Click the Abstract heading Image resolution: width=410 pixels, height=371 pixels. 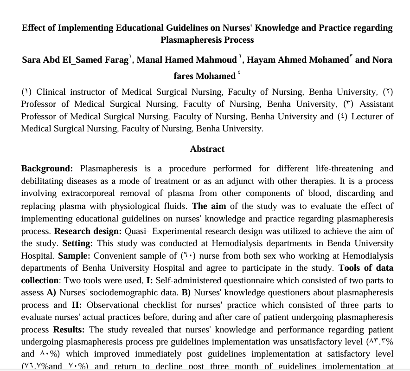click(207, 149)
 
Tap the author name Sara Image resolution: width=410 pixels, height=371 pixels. click(32, 60)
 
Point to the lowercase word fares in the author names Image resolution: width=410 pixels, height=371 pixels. click(184, 76)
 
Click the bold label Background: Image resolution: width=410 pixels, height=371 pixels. click(47, 169)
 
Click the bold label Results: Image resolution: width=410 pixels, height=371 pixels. click(69, 330)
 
